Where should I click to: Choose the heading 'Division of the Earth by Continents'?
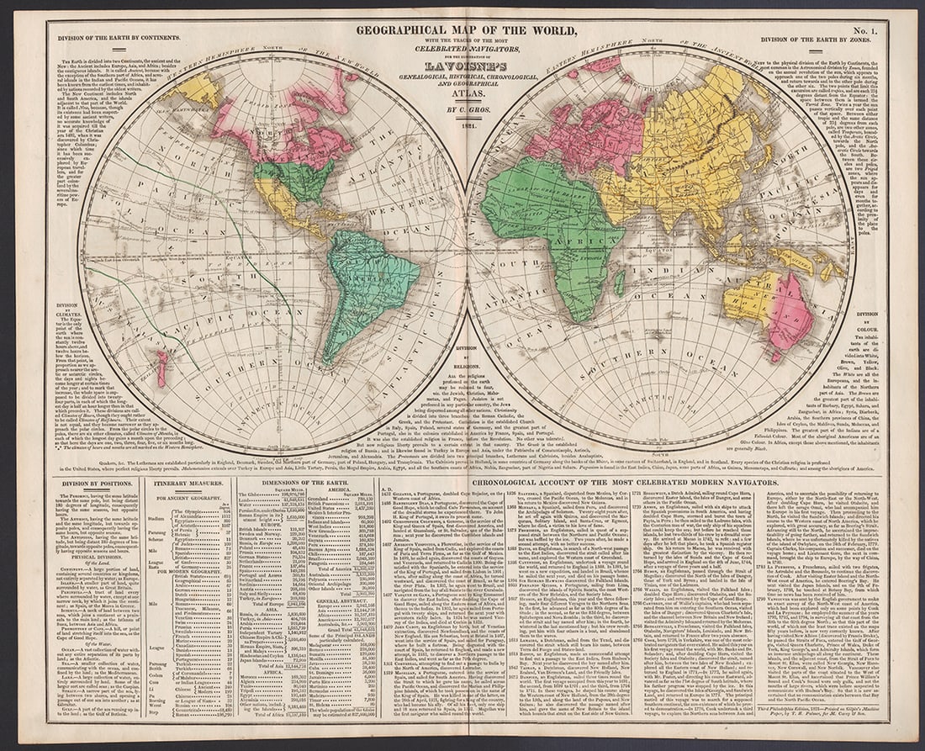coord(110,38)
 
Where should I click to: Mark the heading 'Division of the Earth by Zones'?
coord(816,39)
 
